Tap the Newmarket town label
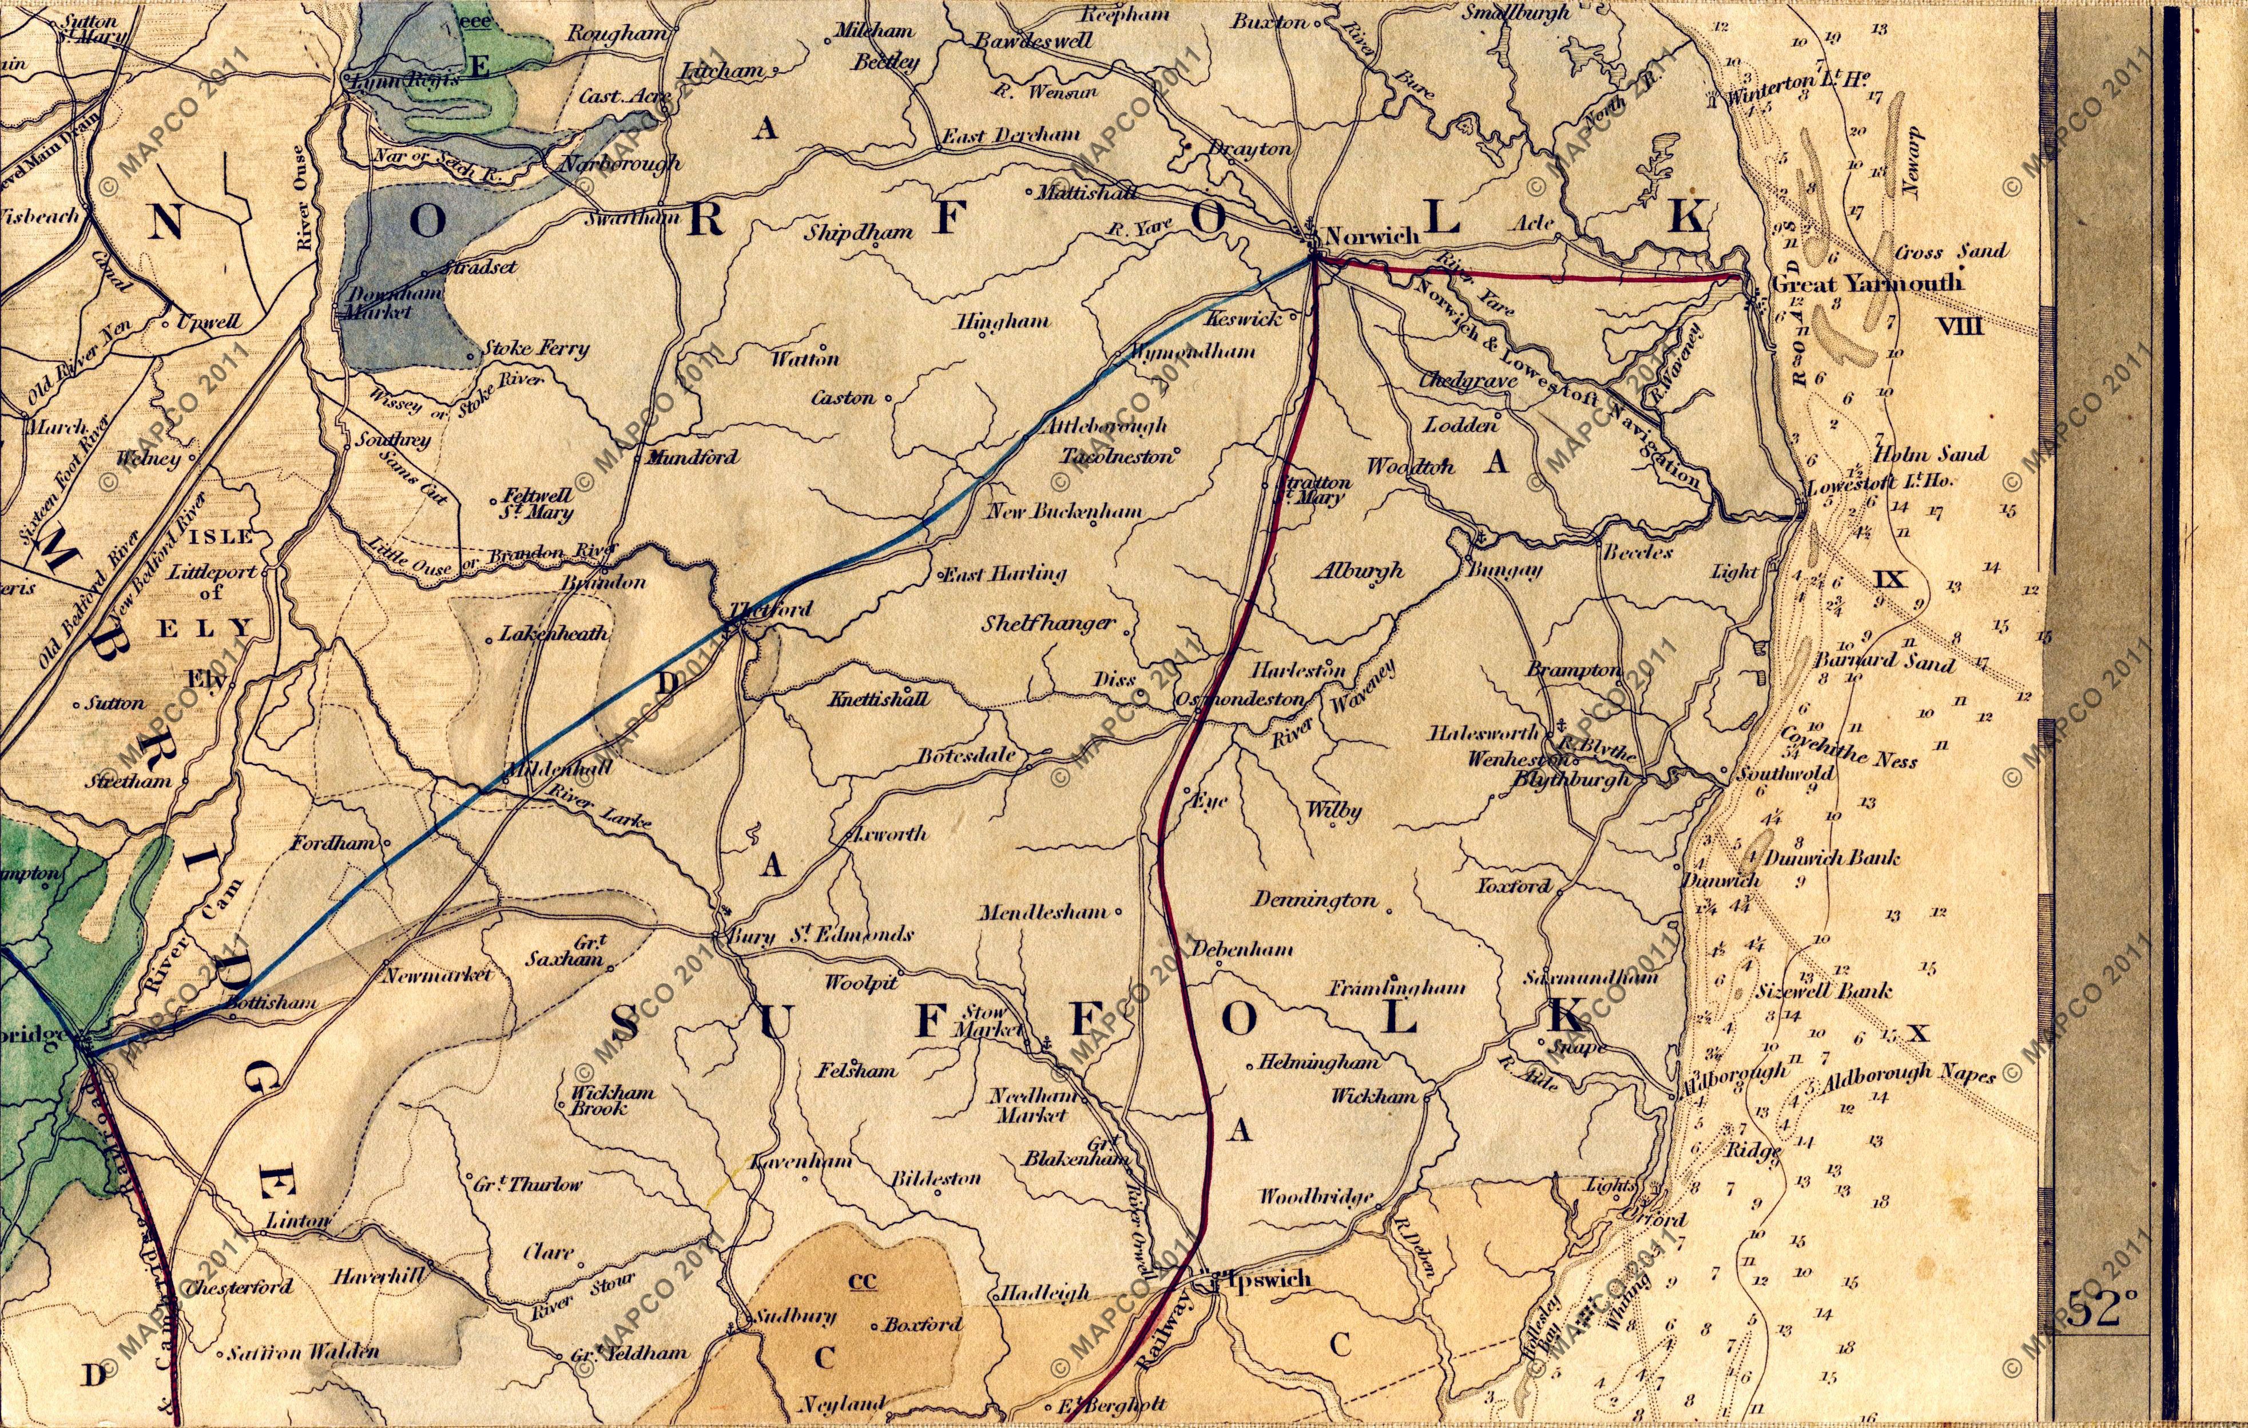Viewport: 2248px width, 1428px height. coord(438,975)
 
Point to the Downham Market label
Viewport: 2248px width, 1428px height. coord(378,303)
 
